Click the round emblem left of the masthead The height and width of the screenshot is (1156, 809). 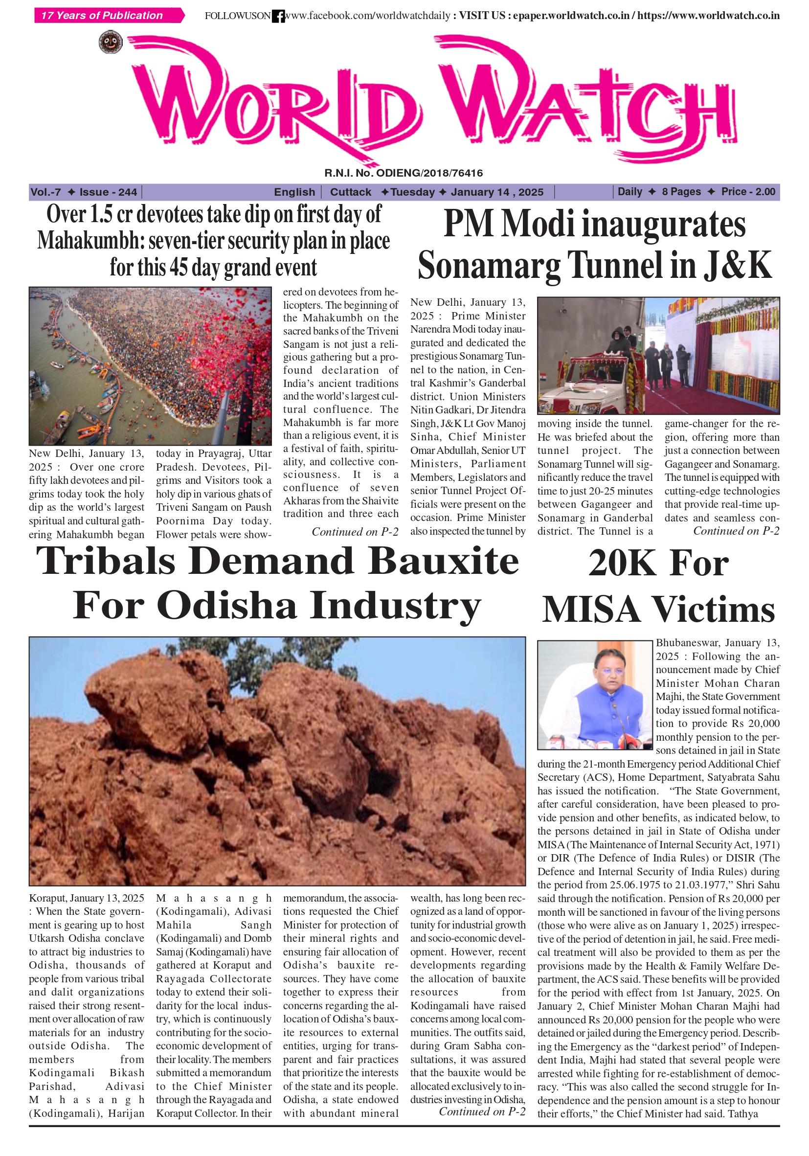[x=110, y=42]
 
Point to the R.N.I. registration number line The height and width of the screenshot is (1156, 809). [x=403, y=173]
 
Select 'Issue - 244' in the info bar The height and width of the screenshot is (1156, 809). [x=108, y=192]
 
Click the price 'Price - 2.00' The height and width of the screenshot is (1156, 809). [x=747, y=192]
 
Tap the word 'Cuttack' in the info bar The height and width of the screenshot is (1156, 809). [x=350, y=192]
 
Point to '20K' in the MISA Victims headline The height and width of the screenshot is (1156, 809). [x=624, y=564]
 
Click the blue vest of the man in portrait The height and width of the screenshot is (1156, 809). [x=595, y=712]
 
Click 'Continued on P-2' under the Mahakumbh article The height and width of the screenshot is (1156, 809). [x=355, y=532]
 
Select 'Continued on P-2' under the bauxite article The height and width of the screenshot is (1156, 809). [x=482, y=1111]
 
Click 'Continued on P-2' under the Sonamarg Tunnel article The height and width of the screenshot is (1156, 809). [x=736, y=531]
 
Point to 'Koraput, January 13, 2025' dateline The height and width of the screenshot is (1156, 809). [x=87, y=898]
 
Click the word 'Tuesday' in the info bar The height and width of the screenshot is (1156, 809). [x=412, y=192]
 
